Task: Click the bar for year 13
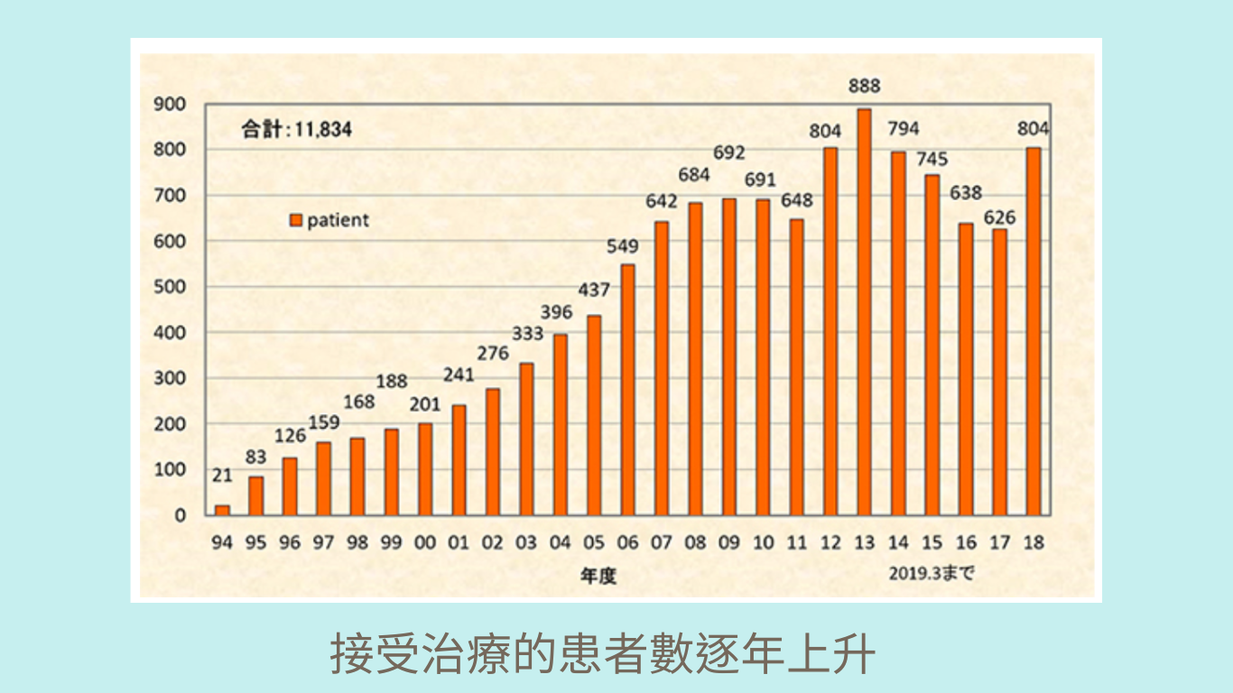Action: coord(864,311)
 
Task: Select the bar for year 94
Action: coord(222,510)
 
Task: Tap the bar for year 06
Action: coord(627,389)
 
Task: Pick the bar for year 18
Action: coord(1034,331)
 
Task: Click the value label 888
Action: coord(864,87)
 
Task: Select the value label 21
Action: coord(222,476)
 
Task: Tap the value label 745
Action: coord(932,159)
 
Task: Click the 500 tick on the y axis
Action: coord(170,287)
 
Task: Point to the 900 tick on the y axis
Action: coord(170,104)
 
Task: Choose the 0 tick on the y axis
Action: coord(181,515)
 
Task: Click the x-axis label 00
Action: coord(424,543)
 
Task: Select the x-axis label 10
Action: coord(763,543)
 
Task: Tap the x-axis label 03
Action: coord(526,543)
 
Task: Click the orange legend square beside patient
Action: coord(295,220)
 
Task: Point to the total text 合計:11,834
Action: coord(296,129)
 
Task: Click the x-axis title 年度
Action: coord(598,575)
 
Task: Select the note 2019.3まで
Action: coord(932,573)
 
